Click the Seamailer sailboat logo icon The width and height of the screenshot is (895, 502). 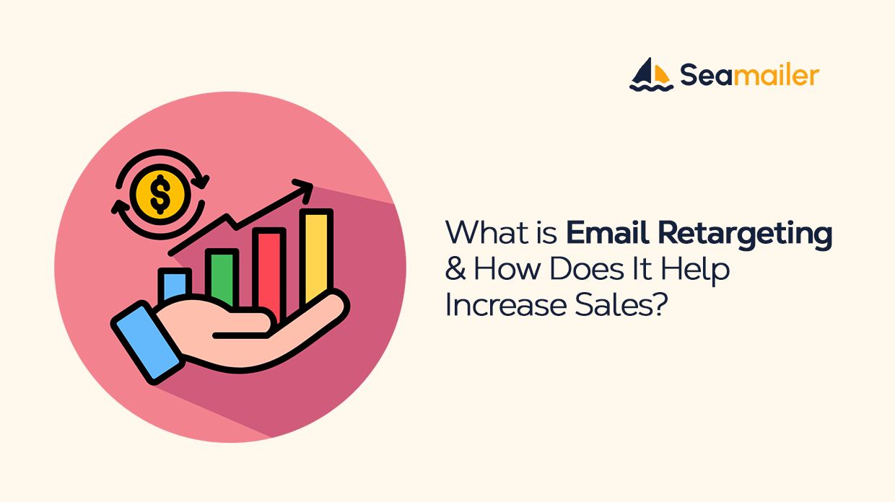click(x=651, y=74)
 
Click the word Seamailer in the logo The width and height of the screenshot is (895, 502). click(x=749, y=75)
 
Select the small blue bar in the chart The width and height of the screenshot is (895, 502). click(x=174, y=285)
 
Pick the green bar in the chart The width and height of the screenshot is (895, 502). click(x=222, y=278)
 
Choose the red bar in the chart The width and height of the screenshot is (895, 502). click(x=269, y=270)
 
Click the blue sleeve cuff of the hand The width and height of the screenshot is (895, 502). click(x=146, y=340)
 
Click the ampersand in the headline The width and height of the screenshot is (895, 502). click(x=455, y=270)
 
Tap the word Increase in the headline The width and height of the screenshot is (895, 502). click(x=496, y=305)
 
